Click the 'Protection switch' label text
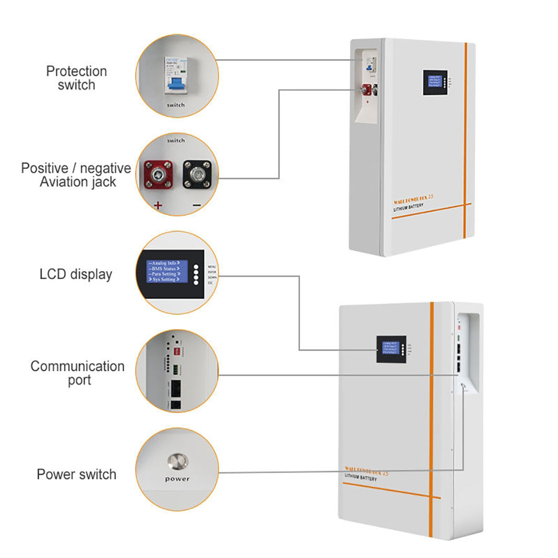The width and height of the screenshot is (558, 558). pyautogui.click(x=76, y=78)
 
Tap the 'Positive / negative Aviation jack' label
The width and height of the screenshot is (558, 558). pyautogui.click(x=76, y=175)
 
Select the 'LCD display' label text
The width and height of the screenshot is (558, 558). pyautogui.click(x=76, y=274)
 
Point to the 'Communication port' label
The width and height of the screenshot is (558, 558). pyautogui.click(x=77, y=373)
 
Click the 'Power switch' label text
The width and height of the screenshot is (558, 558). pyautogui.click(x=76, y=474)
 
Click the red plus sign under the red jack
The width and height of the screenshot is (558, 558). pyautogui.click(x=157, y=206)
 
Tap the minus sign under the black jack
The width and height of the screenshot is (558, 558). pyautogui.click(x=196, y=206)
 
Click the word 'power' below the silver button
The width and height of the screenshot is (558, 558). pyautogui.click(x=177, y=479)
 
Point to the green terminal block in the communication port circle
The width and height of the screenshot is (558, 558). pyautogui.click(x=174, y=369)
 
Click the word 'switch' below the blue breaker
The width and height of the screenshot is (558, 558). pyautogui.click(x=175, y=105)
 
